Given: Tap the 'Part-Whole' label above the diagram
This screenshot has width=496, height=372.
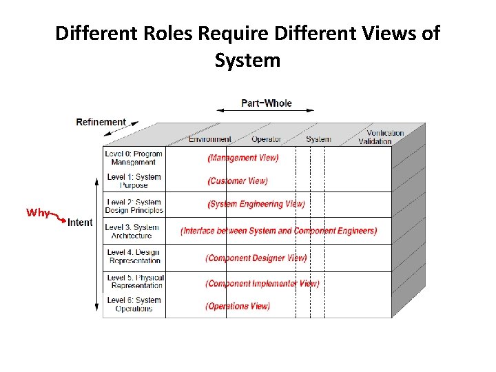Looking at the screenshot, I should coord(266,103).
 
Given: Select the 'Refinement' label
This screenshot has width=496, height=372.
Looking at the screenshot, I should coord(101,122).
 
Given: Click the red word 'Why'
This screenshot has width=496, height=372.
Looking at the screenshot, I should coord(37,213).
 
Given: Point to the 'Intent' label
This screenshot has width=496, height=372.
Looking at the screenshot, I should coord(80,223).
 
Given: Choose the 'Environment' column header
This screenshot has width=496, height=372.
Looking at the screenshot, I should coord(210,139).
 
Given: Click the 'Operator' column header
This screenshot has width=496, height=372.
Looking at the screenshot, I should coord(266,139).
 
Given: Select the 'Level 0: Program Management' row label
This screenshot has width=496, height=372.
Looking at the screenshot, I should coord(134,158).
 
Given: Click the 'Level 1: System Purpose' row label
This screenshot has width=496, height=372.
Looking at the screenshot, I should coord(134,181).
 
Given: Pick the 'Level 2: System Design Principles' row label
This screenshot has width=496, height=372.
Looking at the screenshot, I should coord(134,206).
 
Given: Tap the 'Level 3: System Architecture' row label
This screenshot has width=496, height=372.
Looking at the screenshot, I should coord(132,231).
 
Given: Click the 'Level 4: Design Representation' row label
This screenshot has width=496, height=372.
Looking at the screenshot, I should coord(134,256).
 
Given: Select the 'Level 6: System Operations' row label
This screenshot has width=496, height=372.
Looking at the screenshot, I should coord(134,304).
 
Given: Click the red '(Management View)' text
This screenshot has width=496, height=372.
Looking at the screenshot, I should coord(243,158).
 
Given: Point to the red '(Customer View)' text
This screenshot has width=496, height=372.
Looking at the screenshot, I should coord(238,181).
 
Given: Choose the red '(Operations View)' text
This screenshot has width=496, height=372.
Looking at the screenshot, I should coord(238,306).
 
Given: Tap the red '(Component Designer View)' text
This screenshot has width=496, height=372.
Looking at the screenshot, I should coord(256,258).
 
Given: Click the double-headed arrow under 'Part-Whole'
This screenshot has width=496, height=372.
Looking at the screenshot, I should coord(265,110).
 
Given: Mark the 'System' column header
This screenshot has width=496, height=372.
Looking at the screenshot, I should coord(318,139).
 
